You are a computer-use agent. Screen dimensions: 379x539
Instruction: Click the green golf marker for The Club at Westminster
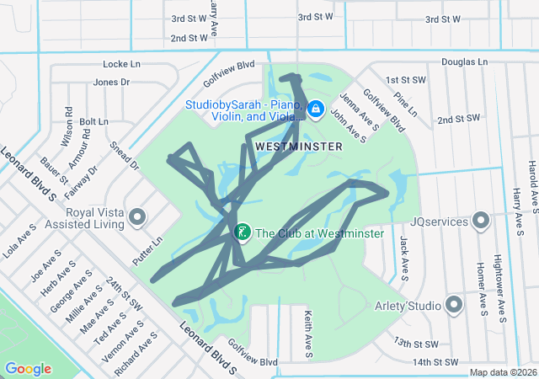pos(242,232)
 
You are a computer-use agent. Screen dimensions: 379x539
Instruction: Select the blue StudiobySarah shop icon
pos(315,109)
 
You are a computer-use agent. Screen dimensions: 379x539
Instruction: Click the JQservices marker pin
pos(481,221)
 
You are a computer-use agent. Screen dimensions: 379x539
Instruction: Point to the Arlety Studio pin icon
pos(456,304)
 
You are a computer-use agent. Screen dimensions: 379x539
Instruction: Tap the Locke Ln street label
pos(120,64)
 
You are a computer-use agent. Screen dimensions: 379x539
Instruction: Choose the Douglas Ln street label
pos(464,62)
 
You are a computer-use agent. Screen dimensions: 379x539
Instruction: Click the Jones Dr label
pos(111,83)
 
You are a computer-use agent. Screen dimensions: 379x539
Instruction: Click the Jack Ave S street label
pos(404,258)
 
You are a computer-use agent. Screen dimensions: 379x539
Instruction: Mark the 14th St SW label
pos(436,362)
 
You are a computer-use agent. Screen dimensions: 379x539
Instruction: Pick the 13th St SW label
pos(416,344)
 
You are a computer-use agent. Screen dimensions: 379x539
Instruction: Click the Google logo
pos(28,368)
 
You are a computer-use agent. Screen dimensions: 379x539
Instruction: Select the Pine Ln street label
pos(405,105)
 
